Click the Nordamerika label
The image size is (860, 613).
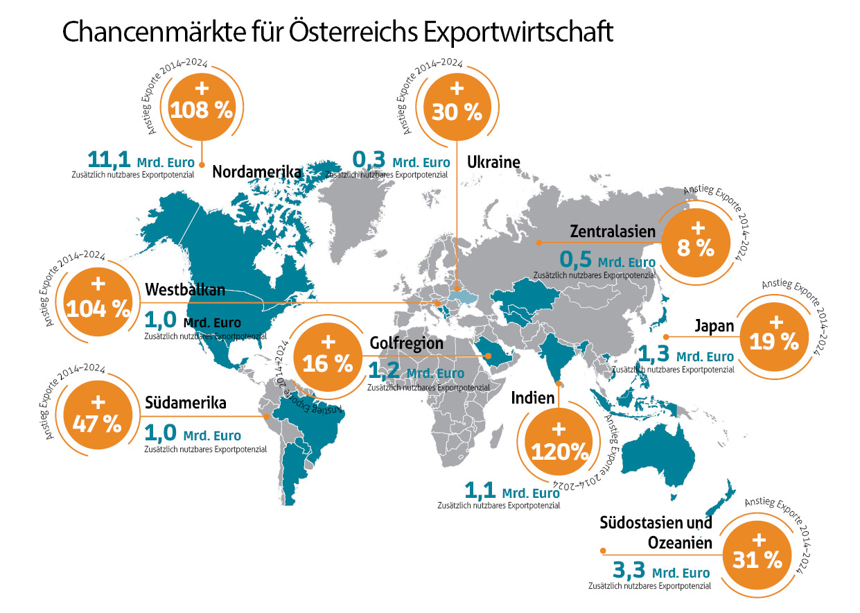click(256, 173)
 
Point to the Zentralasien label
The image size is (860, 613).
click(612, 231)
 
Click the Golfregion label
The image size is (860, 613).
click(406, 344)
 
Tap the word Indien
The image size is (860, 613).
click(533, 398)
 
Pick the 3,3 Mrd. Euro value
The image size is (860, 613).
click(661, 571)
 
